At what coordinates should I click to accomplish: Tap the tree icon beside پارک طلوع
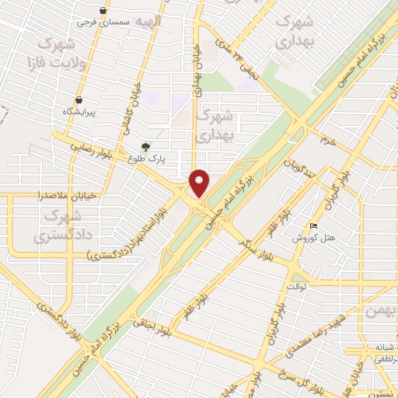click(145, 147)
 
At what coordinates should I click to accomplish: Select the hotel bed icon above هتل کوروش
click(313, 226)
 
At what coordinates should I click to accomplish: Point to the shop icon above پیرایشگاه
click(79, 100)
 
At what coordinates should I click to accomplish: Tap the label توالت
click(298, 287)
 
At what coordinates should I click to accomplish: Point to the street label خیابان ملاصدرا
click(71, 196)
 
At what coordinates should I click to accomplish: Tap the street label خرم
click(327, 141)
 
